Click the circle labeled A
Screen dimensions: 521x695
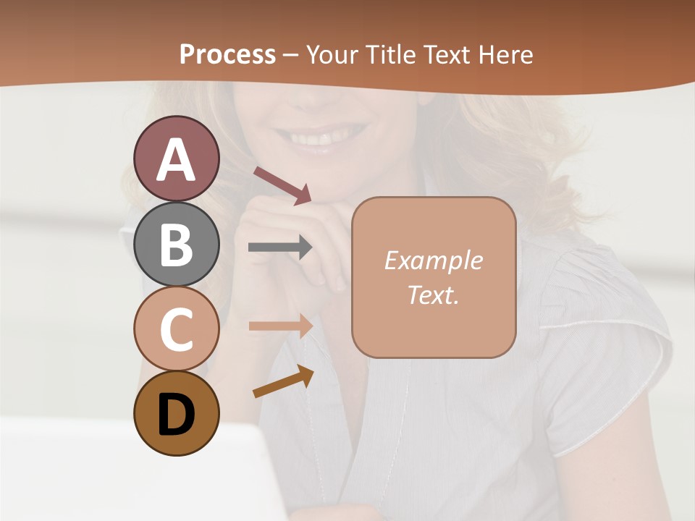pyautogui.click(x=176, y=158)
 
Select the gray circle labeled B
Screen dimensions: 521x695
pyautogui.click(x=176, y=244)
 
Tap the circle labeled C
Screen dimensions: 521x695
pyautogui.click(x=176, y=329)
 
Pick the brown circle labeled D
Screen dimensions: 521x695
pyautogui.click(x=176, y=413)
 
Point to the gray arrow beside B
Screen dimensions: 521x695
pyautogui.click(x=280, y=247)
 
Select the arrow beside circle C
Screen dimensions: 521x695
pyautogui.click(x=280, y=326)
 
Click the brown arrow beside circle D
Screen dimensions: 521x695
pyautogui.click(x=283, y=381)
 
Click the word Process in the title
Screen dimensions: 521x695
pyautogui.click(x=227, y=54)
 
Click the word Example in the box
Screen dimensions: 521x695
pyautogui.click(x=433, y=260)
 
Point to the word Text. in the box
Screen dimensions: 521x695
pyautogui.click(x=433, y=295)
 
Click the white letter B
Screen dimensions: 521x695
pyautogui.click(x=176, y=244)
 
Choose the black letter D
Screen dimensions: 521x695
pyautogui.click(x=176, y=415)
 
